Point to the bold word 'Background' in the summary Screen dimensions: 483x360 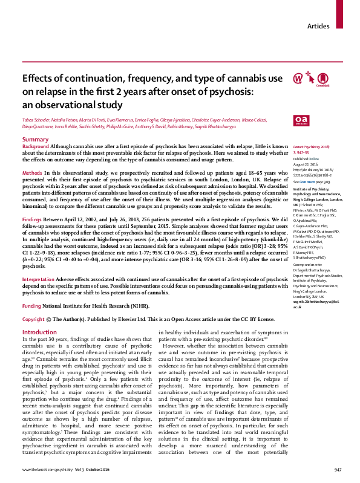[x=36, y=147]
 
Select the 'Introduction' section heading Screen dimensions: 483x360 [x=39, y=332]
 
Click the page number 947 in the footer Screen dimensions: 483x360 [x=338, y=470]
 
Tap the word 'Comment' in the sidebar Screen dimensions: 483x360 [x=306, y=181]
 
